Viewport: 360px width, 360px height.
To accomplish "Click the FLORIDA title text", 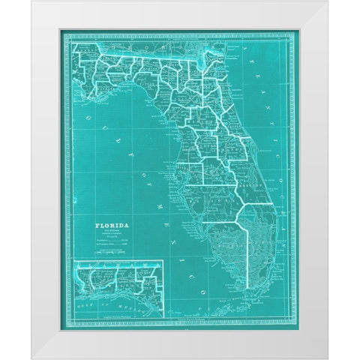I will tap(111, 223).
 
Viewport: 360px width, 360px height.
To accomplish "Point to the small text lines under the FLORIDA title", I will tap(111, 232).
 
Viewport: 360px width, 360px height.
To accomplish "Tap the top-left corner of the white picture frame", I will tap(32, 1).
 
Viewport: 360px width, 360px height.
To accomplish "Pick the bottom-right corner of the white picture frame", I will tap(327, 358).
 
